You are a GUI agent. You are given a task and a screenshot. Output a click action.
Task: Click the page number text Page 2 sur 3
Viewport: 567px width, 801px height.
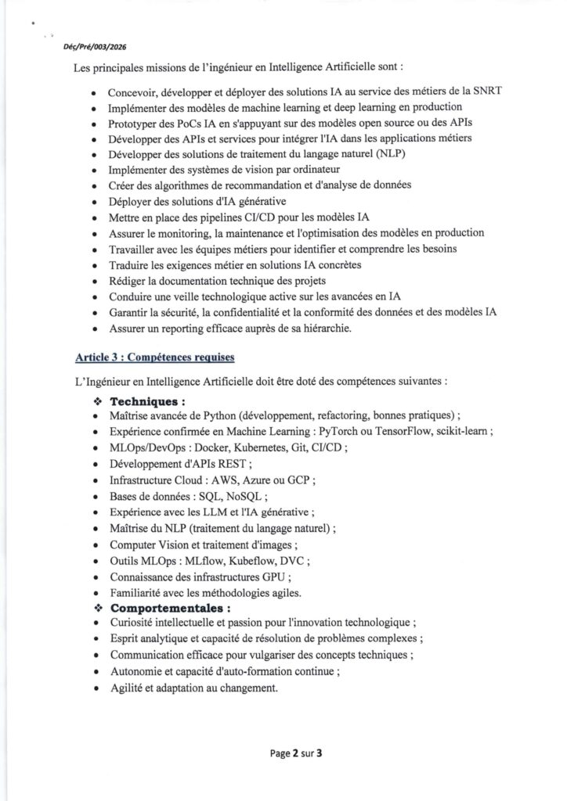296,755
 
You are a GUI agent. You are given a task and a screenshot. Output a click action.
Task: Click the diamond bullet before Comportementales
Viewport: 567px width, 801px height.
98,607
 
